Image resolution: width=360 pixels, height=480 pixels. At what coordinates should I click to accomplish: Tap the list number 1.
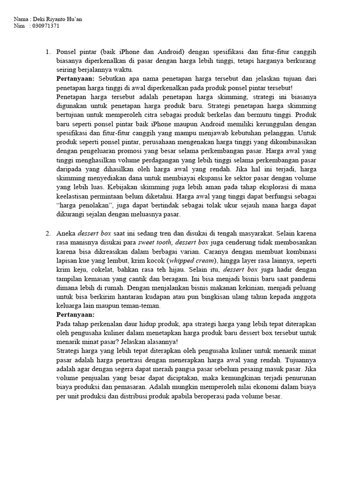click(x=48, y=52)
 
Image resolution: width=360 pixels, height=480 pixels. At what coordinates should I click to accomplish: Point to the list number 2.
click(x=48, y=233)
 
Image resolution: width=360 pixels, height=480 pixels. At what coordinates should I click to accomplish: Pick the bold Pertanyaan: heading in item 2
click(x=75, y=315)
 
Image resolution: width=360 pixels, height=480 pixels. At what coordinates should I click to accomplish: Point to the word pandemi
click(x=301, y=278)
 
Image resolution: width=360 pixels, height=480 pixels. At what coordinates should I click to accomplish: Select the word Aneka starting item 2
click(x=66, y=233)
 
